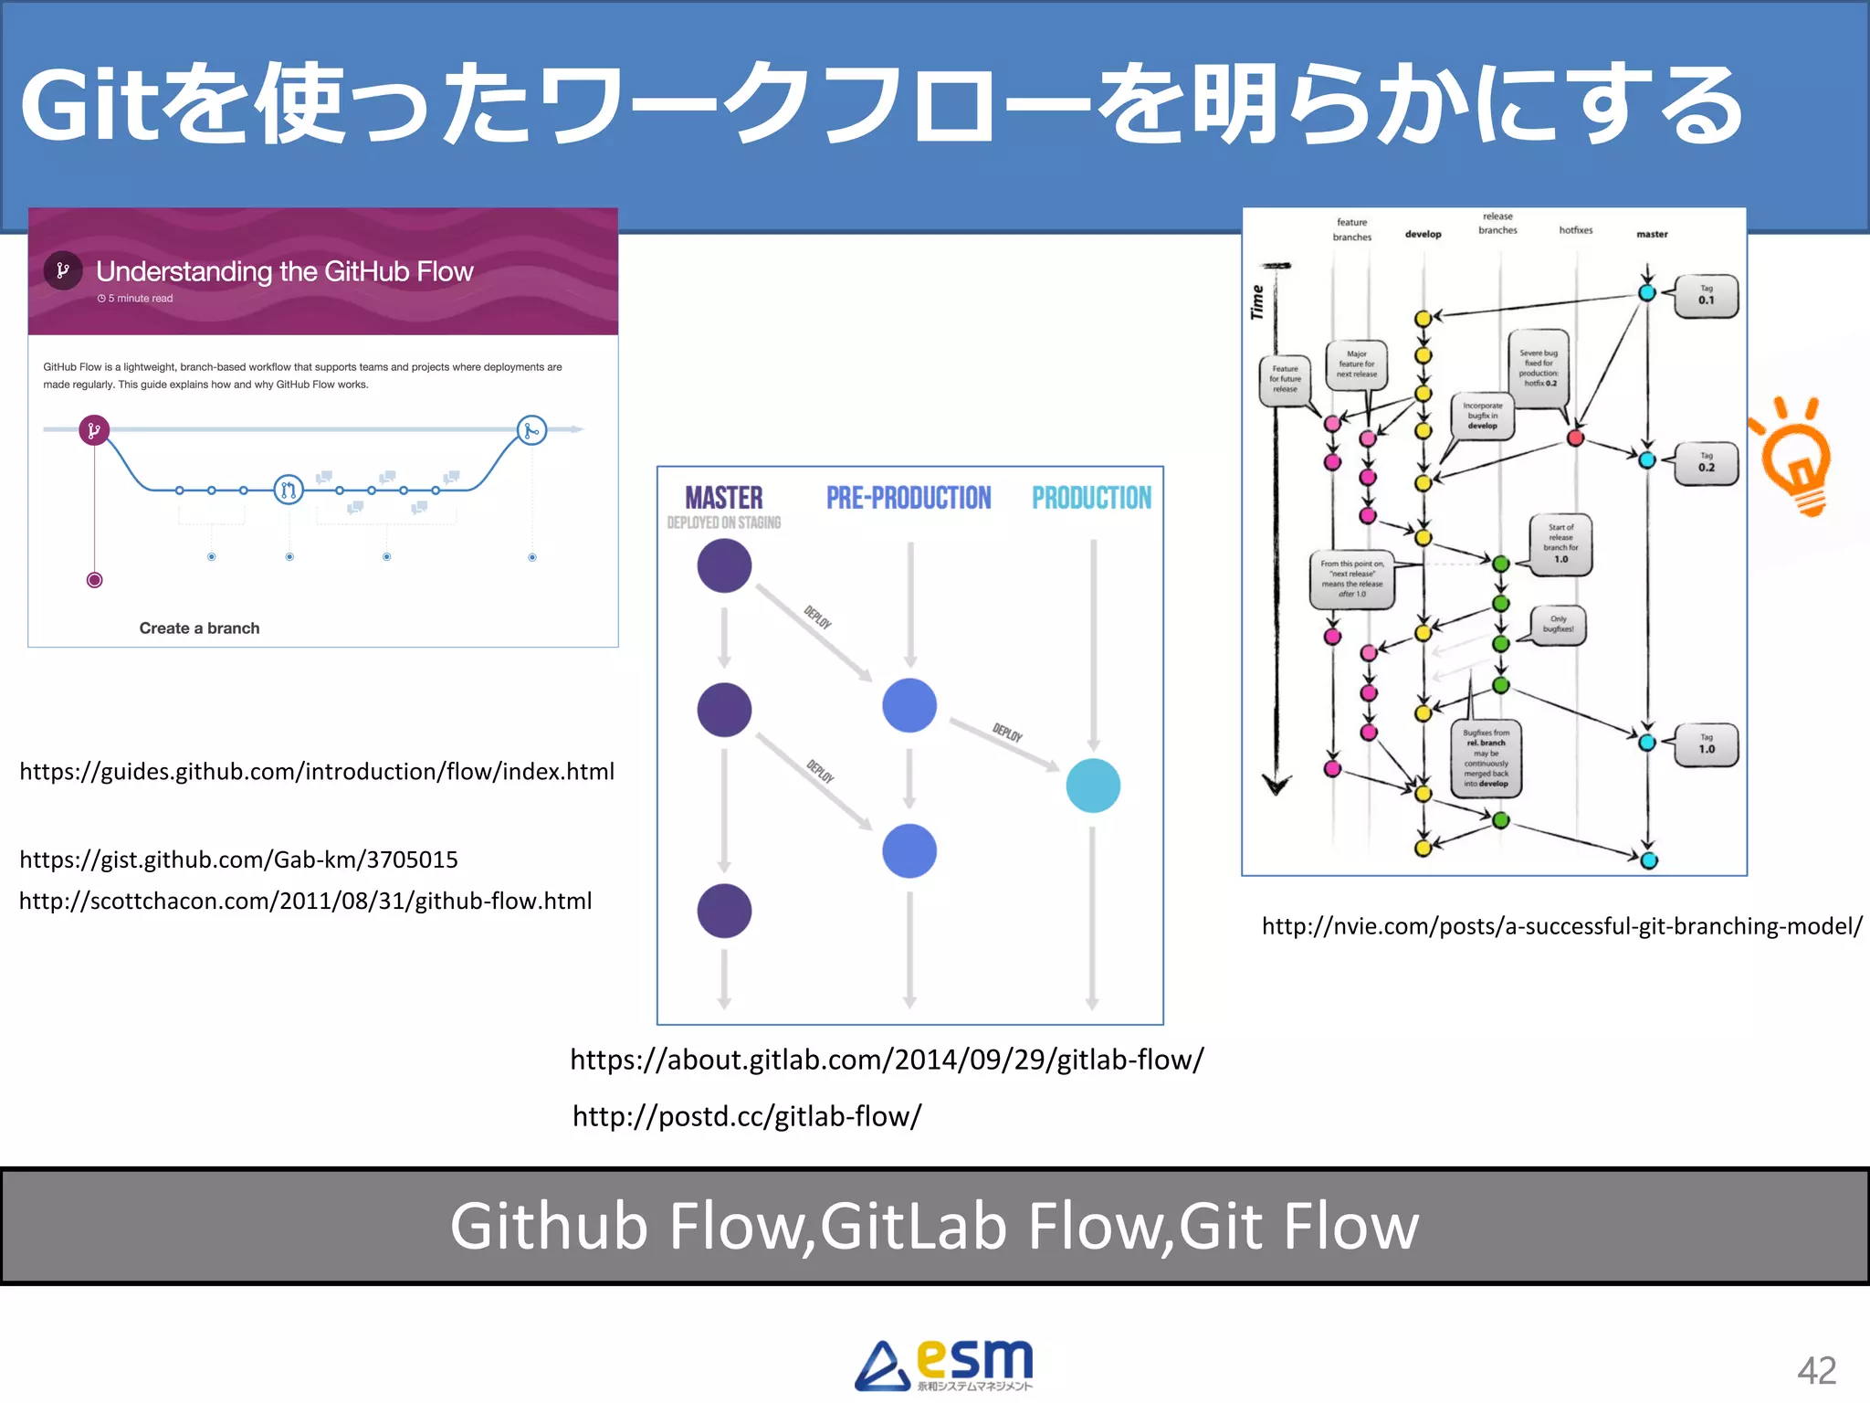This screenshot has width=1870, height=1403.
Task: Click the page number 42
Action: click(x=1815, y=1370)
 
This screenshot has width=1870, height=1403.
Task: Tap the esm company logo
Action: click(x=944, y=1364)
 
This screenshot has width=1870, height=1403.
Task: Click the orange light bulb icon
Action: click(x=1793, y=457)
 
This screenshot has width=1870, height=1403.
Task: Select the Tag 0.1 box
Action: click(x=1706, y=295)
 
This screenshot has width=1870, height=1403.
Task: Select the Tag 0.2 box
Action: click(x=1706, y=463)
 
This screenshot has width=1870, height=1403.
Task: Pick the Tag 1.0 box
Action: click(x=1706, y=744)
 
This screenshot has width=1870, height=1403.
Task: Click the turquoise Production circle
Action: click(x=1093, y=786)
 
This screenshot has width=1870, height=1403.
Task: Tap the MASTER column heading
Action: click(x=723, y=498)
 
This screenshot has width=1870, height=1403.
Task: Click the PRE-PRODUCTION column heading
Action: click(x=909, y=498)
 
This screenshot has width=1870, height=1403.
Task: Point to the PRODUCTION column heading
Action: click(x=1091, y=498)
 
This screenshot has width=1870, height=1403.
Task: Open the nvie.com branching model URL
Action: click(x=1561, y=926)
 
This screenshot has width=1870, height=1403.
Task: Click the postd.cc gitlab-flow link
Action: click(x=747, y=1116)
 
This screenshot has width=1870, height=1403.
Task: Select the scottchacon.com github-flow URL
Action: click(x=305, y=902)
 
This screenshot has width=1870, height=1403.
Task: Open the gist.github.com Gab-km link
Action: click(x=238, y=860)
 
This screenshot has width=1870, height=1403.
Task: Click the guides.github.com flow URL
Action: click(x=317, y=772)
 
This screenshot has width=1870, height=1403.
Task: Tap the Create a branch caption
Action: click(x=199, y=628)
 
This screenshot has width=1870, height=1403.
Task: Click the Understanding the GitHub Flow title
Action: click(x=284, y=271)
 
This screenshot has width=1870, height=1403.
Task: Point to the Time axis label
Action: click(x=1257, y=302)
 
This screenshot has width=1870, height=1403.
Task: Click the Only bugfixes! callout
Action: click(x=1558, y=625)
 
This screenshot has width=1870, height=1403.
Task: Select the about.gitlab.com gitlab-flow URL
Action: click(x=887, y=1060)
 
